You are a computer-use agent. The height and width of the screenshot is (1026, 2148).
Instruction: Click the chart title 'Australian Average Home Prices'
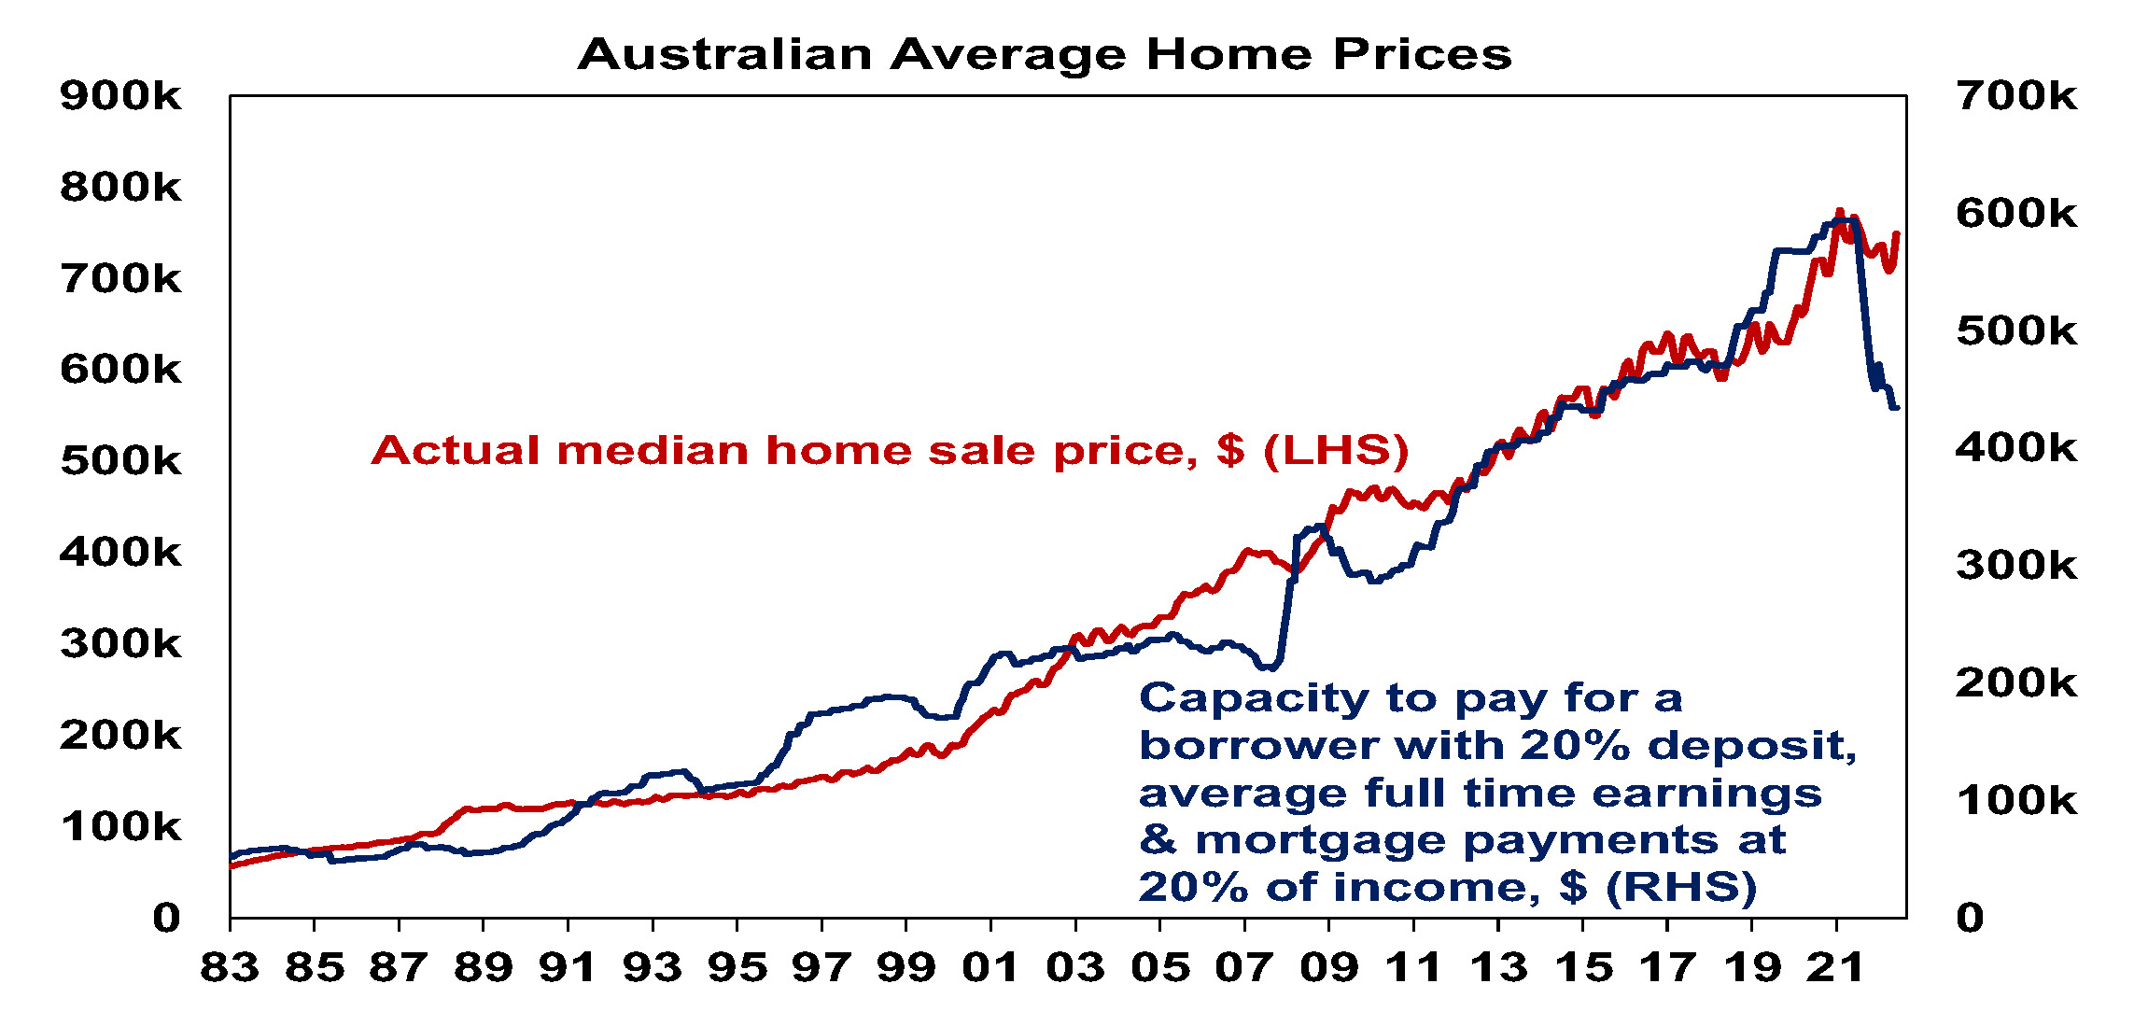(1044, 54)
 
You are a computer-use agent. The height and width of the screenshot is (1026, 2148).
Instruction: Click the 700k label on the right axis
(2016, 96)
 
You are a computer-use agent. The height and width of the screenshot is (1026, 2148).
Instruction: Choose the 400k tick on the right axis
(2016, 448)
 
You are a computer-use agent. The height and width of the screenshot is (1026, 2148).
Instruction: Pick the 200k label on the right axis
(2016, 683)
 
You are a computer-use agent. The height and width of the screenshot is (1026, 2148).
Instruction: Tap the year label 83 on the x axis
(230, 968)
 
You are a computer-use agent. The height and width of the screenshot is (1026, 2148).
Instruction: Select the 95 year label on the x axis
(737, 968)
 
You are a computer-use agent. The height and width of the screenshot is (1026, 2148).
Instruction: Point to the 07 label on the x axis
(1244, 968)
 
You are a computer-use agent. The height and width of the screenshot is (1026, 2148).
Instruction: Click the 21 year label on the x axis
(1836, 968)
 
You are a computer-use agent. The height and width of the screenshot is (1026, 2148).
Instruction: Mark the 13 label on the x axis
(1498, 968)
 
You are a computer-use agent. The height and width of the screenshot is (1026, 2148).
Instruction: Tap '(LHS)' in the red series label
(1336, 451)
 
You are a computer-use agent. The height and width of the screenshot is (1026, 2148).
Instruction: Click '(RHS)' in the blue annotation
(1681, 887)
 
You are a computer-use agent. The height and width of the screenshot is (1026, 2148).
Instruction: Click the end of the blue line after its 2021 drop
(1896, 408)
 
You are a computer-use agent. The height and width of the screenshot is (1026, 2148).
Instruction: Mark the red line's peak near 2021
(1840, 212)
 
